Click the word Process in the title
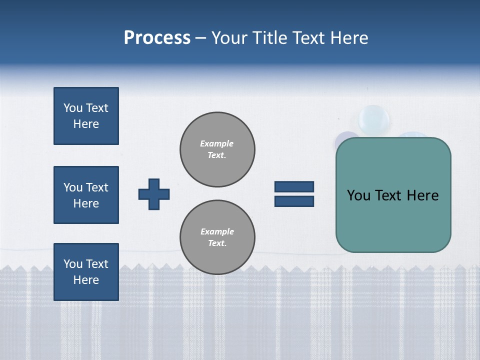[x=157, y=38]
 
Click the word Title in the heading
[x=272, y=38]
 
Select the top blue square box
[x=86, y=116]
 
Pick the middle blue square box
[x=86, y=195]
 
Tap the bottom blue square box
[x=86, y=272]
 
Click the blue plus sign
[x=154, y=194]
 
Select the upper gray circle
[x=217, y=149]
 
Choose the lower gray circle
[x=217, y=237]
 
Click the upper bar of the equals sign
[x=294, y=186]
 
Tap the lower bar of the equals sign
[x=294, y=201]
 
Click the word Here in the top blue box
[x=86, y=124]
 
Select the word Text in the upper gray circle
[x=216, y=155]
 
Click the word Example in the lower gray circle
[x=217, y=231]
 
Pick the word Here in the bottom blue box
[x=86, y=280]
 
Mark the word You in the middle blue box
[x=72, y=187]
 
